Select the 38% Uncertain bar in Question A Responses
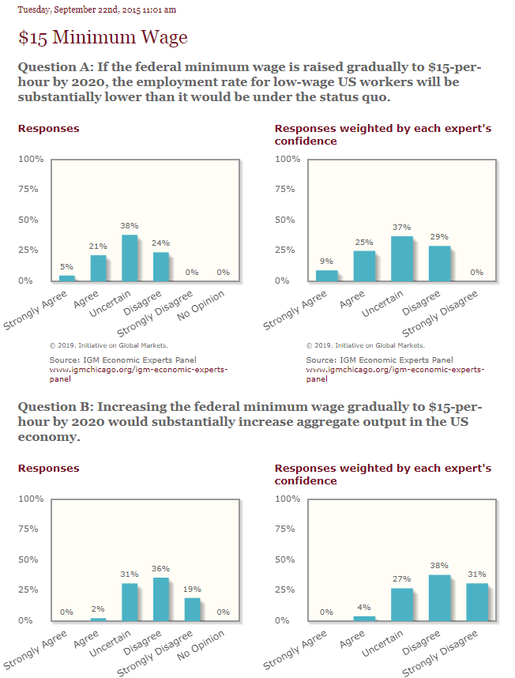pyautogui.click(x=130, y=258)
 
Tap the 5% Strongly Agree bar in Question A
pyautogui.click(x=67, y=277)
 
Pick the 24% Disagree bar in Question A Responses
pyautogui.click(x=161, y=266)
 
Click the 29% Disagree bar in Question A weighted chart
pyautogui.click(x=439, y=263)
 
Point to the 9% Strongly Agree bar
pyautogui.click(x=326, y=275)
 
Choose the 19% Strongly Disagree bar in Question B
pyautogui.click(x=193, y=608)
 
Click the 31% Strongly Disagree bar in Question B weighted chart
pyautogui.click(x=477, y=601)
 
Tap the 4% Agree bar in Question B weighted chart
pyautogui.click(x=364, y=618)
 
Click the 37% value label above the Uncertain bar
pyautogui.click(x=401, y=228)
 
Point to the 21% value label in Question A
pyautogui.click(x=98, y=247)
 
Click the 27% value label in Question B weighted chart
pyautogui.click(x=401, y=579)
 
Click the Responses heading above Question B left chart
pyautogui.click(x=49, y=468)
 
